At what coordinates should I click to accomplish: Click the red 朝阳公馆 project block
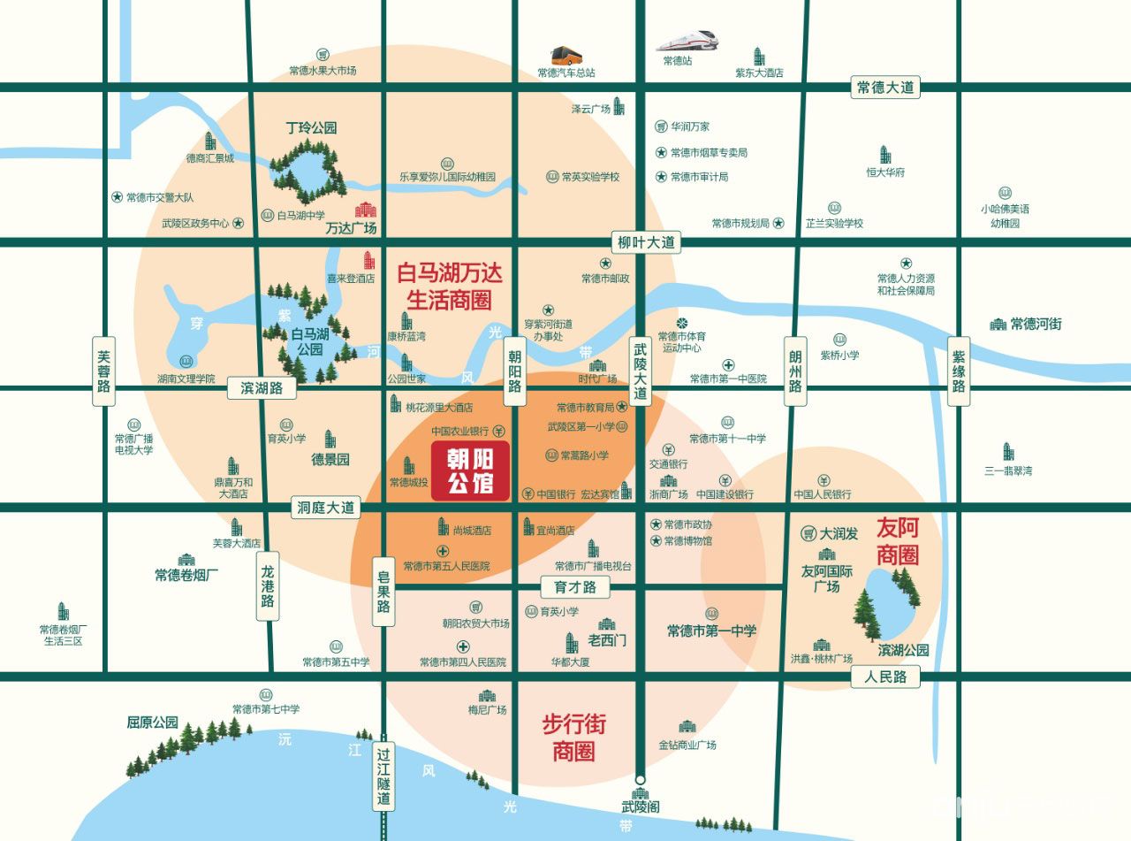(469, 471)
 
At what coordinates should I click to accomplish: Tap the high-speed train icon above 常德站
(687, 41)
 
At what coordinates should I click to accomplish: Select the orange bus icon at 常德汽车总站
(566, 56)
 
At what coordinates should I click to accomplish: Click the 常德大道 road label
(885, 88)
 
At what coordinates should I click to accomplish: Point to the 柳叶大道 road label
(646, 241)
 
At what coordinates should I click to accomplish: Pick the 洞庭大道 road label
(325, 508)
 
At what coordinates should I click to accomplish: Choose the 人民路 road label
(885, 677)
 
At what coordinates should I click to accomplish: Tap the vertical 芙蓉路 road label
(105, 371)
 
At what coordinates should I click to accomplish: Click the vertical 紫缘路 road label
(959, 371)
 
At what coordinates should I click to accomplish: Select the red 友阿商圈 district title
(898, 541)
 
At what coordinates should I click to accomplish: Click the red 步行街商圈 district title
(573, 738)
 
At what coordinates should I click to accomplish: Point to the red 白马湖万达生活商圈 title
(450, 286)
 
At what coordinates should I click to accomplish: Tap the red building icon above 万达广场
(366, 210)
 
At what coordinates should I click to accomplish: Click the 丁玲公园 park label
(312, 127)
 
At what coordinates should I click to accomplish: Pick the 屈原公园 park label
(153, 722)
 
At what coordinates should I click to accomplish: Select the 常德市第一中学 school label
(711, 631)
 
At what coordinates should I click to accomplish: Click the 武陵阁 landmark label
(641, 807)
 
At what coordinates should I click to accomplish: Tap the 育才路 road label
(574, 586)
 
